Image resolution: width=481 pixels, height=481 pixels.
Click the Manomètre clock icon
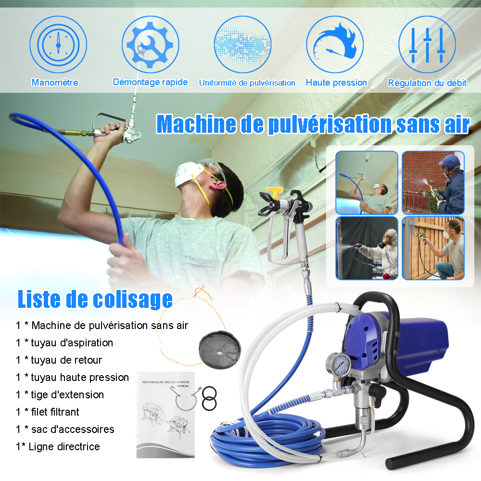58,44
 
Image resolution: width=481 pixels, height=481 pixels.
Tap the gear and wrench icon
150,44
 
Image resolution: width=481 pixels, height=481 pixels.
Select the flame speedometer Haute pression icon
335,44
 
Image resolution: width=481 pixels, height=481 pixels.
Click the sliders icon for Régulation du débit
427,44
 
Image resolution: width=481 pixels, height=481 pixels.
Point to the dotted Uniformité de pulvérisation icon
242,44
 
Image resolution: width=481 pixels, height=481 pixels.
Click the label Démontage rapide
150,82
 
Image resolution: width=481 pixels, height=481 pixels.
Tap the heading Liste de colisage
95,299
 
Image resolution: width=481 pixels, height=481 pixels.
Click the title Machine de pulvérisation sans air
313,124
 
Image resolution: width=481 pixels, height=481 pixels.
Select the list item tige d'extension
60,394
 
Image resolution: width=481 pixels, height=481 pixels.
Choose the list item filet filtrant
48,412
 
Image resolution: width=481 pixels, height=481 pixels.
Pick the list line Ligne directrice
58,446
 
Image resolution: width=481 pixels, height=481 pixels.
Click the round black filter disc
220,349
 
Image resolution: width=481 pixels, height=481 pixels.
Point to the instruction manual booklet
165,415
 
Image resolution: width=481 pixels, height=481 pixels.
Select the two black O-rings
210,398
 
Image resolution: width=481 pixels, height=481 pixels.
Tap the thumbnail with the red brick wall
433,183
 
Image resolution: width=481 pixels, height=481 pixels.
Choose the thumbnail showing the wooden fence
433,248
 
